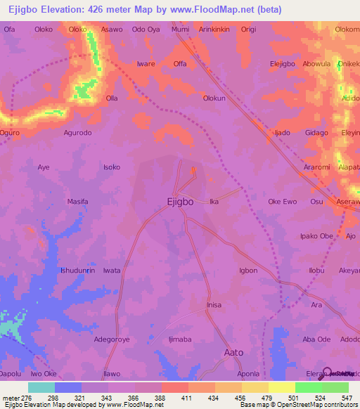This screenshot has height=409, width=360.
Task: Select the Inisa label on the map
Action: (x=214, y=305)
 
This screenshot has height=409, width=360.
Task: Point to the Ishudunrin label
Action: (x=77, y=271)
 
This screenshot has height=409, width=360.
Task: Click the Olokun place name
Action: (x=214, y=99)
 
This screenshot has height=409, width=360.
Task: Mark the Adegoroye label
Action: (x=113, y=339)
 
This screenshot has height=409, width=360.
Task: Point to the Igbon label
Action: (x=248, y=271)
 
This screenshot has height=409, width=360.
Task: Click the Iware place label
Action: (x=146, y=64)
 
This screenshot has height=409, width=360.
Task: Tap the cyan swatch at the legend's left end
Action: (x=41, y=387)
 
